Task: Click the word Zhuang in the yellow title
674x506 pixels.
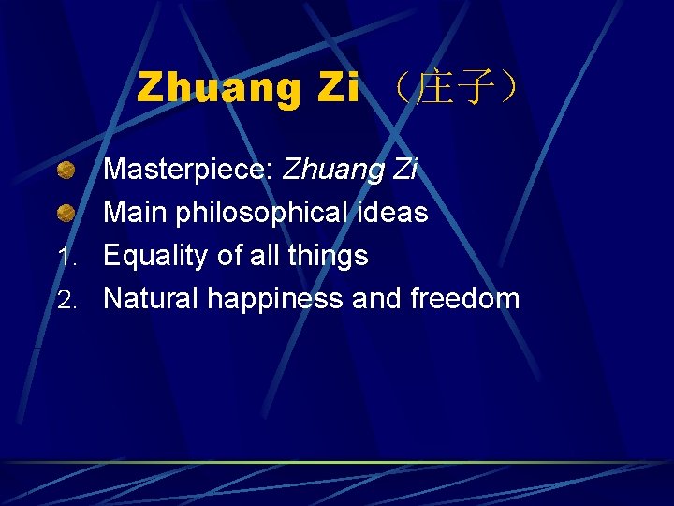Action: pyautogui.click(x=219, y=89)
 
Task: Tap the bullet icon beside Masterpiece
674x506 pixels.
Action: pyautogui.click(x=65, y=171)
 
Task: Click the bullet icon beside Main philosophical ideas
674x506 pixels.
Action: pyautogui.click(x=65, y=213)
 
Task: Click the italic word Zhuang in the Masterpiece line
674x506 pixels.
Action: pyautogui.click(x=333, y=170)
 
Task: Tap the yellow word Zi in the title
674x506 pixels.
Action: pyautogui.click(x=338, y=89)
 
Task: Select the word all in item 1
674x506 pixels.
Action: pyautogui.click(x=257, y=256)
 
